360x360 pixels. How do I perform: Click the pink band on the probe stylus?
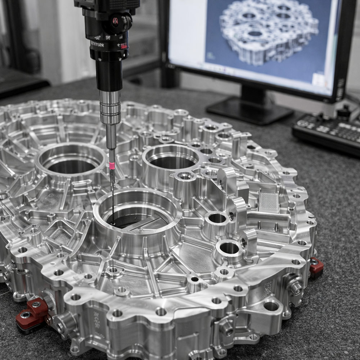(112, 166)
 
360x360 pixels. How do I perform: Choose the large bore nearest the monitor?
(172, 158)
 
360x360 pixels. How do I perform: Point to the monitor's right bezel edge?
(340, 50)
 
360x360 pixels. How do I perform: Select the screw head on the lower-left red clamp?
(26, 315)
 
